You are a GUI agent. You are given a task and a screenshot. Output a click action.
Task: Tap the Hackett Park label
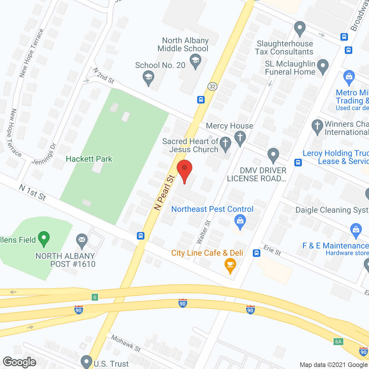(89, 159)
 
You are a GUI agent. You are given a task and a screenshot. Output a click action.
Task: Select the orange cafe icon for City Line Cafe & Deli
(230, 264)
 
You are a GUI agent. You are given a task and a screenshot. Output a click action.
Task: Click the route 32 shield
(212, 86)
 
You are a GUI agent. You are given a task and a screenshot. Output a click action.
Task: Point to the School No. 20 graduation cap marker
(148, 77)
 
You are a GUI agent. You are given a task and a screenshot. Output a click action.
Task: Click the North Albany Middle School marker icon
(195, 61)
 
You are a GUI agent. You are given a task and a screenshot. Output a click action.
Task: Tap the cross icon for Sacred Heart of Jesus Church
(225, 143)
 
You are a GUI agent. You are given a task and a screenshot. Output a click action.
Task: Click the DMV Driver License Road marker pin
(273, 154)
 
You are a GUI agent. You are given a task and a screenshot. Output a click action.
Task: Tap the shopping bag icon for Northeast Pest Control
(240, 221)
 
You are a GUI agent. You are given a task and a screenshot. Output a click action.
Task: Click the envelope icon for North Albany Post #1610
(82, 240)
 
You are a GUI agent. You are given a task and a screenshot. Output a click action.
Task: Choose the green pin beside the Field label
(44, 238)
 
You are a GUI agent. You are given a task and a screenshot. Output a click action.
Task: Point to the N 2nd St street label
(104, 76)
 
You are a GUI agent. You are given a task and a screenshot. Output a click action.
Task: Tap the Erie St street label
(272, 250)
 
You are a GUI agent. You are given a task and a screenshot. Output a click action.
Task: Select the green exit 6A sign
(338, 342)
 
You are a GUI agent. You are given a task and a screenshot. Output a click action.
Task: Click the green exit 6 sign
(95, 297)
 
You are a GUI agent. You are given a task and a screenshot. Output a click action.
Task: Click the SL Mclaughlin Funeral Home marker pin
(323, 65)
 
